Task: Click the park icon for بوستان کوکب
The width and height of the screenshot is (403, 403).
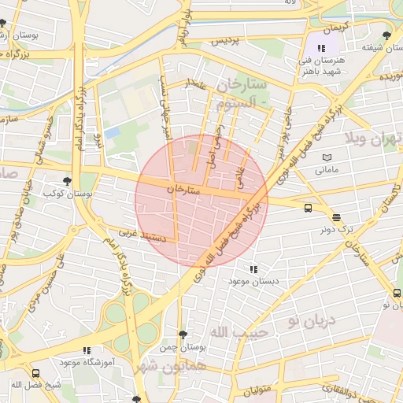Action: point(66,180)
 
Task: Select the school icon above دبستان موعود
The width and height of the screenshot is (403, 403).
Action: point(253,269)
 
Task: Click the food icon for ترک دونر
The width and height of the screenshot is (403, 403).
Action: point(336,217)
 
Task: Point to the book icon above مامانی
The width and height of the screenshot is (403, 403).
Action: point(327,157)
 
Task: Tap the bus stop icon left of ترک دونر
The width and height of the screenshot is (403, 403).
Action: point(308,208)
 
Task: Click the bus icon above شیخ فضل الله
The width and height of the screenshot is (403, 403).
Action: point(35,373)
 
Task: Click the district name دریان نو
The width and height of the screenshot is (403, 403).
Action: point(310,320)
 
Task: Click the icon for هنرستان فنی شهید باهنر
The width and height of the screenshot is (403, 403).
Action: point(320,48)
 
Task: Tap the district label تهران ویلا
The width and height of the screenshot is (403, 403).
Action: point(375,142)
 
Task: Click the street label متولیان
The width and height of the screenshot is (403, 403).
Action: point(256,391)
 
